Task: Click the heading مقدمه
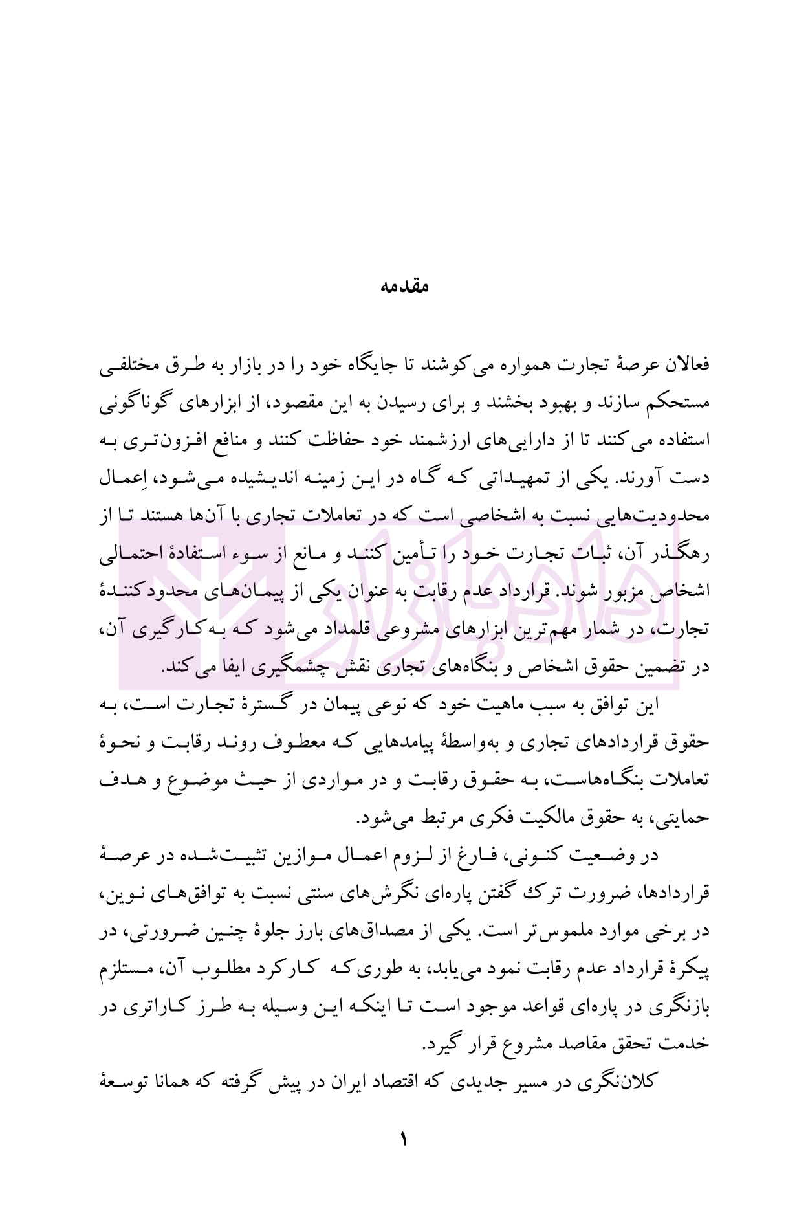pos(403,285)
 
